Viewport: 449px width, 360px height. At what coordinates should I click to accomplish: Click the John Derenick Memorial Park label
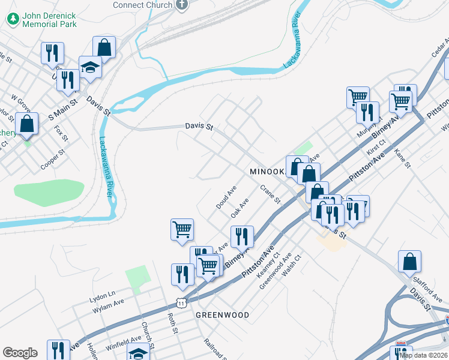(x=50, y=19)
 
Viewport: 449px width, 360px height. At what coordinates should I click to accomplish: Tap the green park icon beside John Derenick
(x=13, y=19)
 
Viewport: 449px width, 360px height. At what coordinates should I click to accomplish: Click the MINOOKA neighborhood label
(x=266, y=172)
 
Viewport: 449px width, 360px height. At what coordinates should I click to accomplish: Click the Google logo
(x=20, y=353)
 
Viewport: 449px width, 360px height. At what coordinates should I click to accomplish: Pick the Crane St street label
(x=270, y=194)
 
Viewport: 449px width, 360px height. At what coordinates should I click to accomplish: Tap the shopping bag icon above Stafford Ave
(x=409, y=262)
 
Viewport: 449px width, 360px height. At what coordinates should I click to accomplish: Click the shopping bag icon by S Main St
(x=27, y=124)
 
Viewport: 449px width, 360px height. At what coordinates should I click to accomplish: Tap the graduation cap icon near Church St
(x=137, y=353)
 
